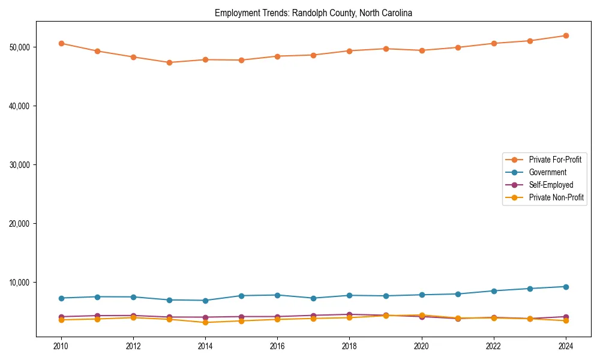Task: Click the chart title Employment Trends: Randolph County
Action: (x=313, y=13)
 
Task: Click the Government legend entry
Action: (x=547, y=172)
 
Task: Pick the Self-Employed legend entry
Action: (x=551, y=185)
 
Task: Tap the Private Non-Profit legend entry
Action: (x=556, y=197)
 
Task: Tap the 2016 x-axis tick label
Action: (x=277, y=346)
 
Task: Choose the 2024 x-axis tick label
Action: (x=566, y=346)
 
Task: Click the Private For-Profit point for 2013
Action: (x=169, y=62)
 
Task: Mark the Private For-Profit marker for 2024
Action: (x=566, y=35)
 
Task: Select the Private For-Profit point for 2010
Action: (x=61, y=43)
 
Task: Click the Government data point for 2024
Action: (x=566, y=287)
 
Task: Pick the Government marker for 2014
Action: (x=205, y=301)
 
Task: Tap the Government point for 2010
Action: (x=61, y=298)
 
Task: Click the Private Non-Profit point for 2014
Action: (x=205, y=322)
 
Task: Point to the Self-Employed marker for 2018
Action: (x=349, y=314)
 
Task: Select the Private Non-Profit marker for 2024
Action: (x=566, y=321)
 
